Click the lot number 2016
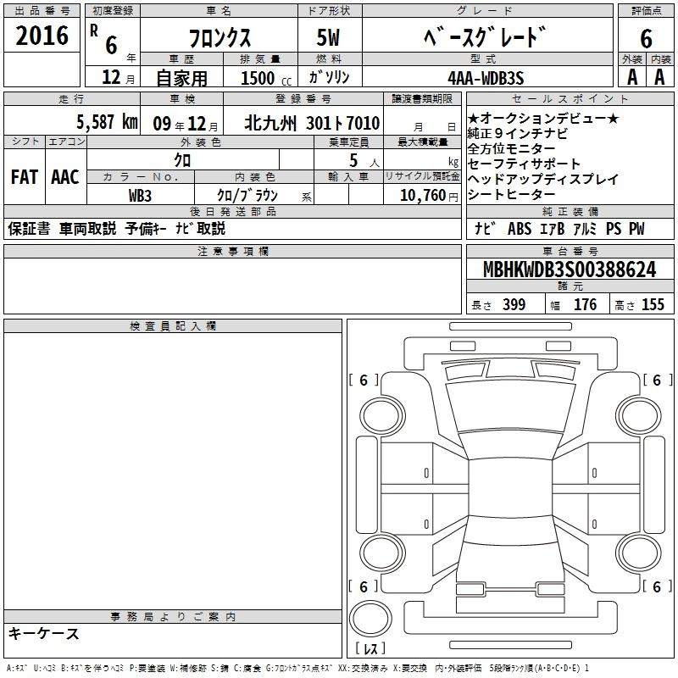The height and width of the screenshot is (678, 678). pyautogui.click(x=42, y=36)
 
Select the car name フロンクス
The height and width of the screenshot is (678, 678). pyautogui.click(x=220, y=38)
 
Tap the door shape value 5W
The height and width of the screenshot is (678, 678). pyautogui.click(x=328, y=37)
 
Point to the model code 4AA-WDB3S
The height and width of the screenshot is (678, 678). pyautogui.click(x=486, y=78)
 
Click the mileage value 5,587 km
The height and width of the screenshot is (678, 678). pyautogui.click(x=107, y=122)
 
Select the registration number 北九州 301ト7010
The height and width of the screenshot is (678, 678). pyautogui.click(x=312, y=124)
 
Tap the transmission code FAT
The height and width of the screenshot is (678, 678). pyautogui.click(x=25, y=177)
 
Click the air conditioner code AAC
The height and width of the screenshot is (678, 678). pyautogui.click(x=65, y=177)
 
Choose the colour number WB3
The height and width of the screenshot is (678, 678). pyautogui.click(x=140, y=196)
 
